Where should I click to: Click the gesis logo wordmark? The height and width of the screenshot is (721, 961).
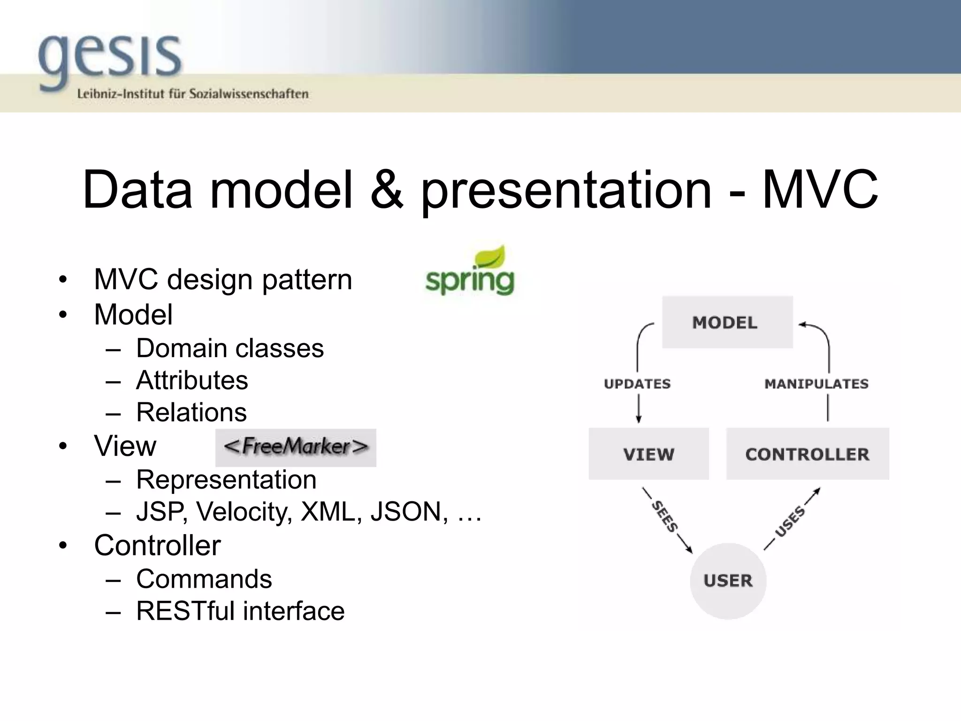[110, 59]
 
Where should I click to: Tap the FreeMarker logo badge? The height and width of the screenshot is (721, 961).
[296, 447]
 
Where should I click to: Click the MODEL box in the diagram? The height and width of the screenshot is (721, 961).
[727, 322]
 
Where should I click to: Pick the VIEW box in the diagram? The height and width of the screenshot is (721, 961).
[648, 453]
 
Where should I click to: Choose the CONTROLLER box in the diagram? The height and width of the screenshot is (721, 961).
[807, 453]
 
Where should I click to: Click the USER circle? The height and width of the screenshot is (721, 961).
[728, 581]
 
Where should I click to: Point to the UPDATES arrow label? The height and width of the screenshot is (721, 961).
[637, 384]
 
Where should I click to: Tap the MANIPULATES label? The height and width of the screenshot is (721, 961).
[816, 384]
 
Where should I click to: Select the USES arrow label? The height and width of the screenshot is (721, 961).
[790, 521]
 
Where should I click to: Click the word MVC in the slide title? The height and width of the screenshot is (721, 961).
[819, 190]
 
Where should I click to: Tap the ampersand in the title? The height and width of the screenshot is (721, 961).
[386, 190]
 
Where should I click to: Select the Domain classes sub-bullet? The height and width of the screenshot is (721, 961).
[229, 348]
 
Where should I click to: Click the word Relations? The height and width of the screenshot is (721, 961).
[191, 412]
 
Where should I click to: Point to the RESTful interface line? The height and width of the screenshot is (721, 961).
[240, 611]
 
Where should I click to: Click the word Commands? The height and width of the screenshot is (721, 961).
[204, 579]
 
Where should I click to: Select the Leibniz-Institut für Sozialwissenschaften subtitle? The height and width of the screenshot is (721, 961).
[192, 94]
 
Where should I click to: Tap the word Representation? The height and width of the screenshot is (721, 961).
[226, 479]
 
